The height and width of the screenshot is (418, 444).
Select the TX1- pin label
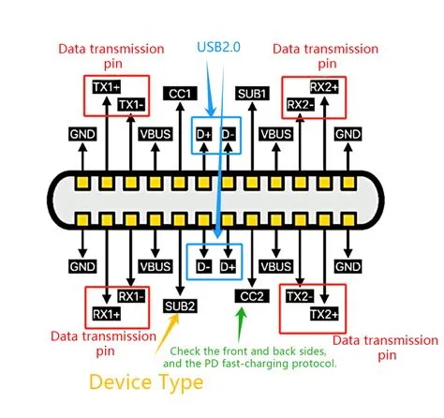point(130,103)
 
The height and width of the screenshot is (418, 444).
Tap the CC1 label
point(178,94)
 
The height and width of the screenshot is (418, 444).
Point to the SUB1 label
point(252,94)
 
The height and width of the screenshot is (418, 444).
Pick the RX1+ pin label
point(104,314)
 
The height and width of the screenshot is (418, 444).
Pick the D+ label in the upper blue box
point(203,135)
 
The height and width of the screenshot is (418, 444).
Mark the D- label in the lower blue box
point(203,266)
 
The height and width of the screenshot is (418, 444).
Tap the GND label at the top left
point(81,135)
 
